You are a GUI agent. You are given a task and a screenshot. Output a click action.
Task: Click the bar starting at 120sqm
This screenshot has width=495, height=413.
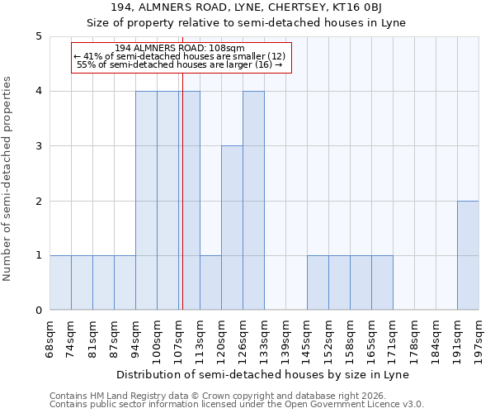(232, 228)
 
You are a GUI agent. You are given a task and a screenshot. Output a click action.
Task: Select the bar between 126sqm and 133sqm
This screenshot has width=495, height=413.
(253, 201)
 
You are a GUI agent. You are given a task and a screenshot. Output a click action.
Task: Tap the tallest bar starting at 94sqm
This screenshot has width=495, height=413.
(146, 201)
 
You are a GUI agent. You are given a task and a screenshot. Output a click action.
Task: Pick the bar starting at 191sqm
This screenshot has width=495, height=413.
(468, 255)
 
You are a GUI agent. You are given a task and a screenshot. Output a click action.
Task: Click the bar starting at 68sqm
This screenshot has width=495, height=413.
(60, 282)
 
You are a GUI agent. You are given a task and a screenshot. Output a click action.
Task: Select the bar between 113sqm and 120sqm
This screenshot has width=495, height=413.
(210, 282)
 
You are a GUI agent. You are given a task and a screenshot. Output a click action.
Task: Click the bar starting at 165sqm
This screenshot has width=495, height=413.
(382, 282)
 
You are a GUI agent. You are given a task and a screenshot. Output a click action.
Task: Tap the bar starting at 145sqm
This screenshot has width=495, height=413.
(318, 282)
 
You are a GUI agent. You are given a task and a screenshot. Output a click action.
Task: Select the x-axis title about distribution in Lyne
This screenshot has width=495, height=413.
(264, 374)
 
